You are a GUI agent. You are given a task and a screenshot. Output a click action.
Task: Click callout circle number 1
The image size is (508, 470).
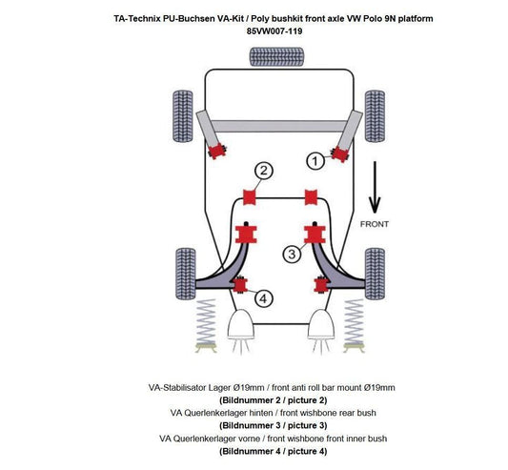click(313, 161)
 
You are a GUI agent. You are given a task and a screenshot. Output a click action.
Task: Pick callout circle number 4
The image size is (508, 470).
click(263, 298)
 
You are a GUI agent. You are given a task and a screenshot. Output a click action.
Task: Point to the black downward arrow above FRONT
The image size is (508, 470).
click(376, 189)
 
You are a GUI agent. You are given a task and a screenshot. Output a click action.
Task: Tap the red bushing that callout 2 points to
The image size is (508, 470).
click(253, 197)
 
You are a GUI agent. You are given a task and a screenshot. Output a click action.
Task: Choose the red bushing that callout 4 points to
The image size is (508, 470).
click(241, 283)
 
